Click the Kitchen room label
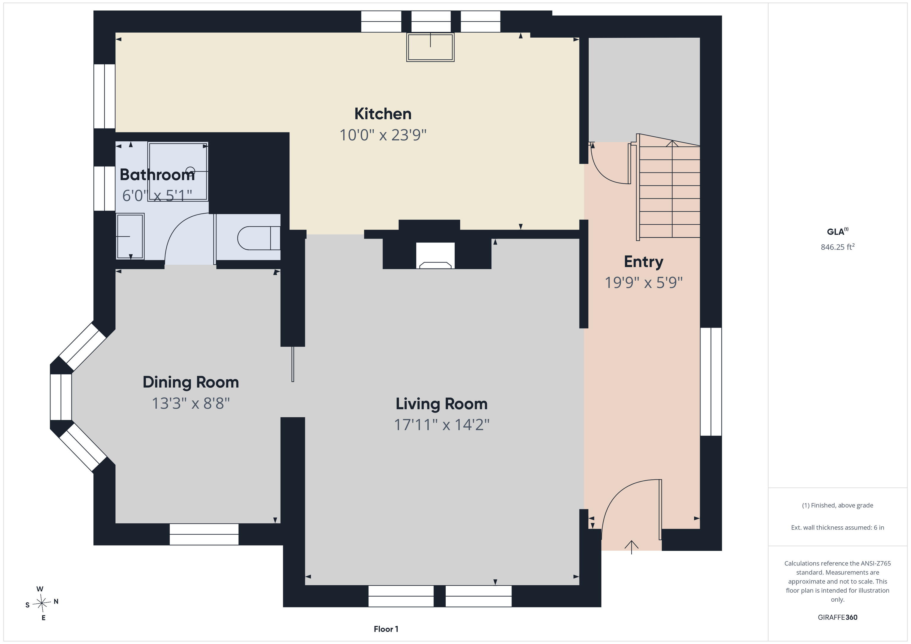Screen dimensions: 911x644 click(x=383, y=114)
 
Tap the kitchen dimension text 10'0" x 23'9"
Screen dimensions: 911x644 click(x=383, y=135)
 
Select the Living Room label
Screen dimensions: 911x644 click(x=442, y=404)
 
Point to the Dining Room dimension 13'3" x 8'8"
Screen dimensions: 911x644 click(x=191, y=403)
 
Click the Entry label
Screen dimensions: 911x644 click(x=644, y=262)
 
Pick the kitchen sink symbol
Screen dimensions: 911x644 click(x=430, y=47)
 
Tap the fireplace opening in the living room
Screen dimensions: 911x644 click(x=435, y=255)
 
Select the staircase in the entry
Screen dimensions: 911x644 click(x=668, y=189)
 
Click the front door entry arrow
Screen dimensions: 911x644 click(x=631, y=547)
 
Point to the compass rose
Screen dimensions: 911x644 click(x=42, y=603)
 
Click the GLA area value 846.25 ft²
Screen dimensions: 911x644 click(x=837, y=247)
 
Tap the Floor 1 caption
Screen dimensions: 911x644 click(x=386, y=629)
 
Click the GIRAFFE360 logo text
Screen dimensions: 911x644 click(x=837, y=617)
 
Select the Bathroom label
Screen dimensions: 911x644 click(x=157, y=175)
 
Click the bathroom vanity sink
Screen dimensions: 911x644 click(x=130, y=236)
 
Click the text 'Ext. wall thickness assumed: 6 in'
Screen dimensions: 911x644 click(x=837, y=528)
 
